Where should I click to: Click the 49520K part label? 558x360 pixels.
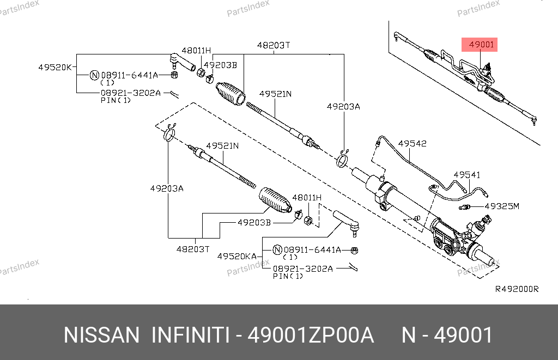click(54, 68)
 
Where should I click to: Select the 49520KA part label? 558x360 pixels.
click(236, 255)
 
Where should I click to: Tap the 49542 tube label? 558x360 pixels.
click(412, 144)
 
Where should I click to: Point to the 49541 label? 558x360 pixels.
click(467, 175)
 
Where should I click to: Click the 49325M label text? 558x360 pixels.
click(502, 206)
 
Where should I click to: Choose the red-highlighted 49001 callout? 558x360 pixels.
click(480, 45)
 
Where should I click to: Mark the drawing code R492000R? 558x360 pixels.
click(516, 289)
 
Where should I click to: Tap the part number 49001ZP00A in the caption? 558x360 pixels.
click(311, 335)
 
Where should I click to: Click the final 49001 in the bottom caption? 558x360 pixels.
click(463, 335)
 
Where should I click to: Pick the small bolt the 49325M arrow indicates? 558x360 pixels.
click(465, 207)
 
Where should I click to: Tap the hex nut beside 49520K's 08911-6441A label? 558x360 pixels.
click(174, 75)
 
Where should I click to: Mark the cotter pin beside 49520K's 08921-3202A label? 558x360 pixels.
click(175, 93)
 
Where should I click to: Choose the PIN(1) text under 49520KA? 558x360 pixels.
click(287, 276)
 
